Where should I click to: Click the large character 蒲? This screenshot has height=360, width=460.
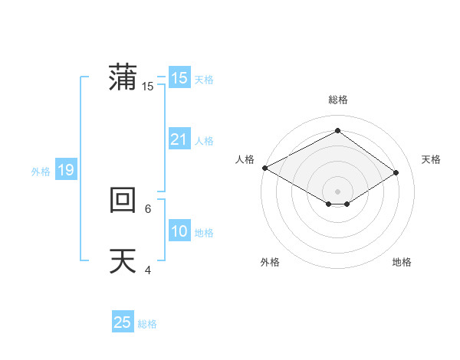point(123,77)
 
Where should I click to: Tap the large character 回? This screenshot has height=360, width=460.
point(123,200)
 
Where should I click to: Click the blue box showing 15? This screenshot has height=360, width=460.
point(179,78)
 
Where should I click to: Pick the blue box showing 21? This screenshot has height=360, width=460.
point(179,139)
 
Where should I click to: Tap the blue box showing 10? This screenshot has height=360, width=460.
point(179,231)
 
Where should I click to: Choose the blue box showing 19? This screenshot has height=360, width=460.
point(66,170)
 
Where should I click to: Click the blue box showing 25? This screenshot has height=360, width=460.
point(123,322)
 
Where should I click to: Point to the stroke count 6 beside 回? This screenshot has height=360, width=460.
point(148,208)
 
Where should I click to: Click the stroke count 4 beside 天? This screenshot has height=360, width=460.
point(148,270)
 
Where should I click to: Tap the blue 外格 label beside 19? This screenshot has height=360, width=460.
point(41,172)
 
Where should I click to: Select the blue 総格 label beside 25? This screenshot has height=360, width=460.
point(147,324)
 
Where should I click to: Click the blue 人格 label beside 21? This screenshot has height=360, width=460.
point(204,141)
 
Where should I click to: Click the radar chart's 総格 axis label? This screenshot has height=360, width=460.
point(337,100)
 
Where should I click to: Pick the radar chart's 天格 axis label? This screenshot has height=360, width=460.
point(432,159)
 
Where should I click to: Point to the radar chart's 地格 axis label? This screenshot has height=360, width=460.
point(402,263)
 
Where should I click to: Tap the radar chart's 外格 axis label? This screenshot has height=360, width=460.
point(270,263)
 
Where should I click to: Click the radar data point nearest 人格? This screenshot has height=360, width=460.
point(264,168)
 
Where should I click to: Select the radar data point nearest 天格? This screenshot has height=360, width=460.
point(396,172)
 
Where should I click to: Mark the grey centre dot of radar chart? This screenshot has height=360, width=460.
point(337,191)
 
